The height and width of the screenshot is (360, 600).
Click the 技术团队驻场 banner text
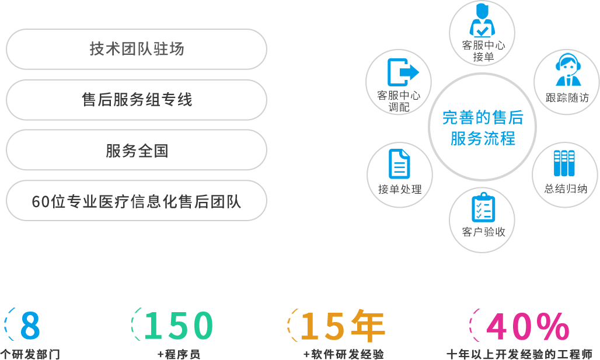coord(137,49)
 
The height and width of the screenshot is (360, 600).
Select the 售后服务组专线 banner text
coord(137,100)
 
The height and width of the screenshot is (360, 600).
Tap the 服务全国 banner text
coord(137,151)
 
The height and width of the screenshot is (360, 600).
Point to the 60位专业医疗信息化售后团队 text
coord(137,202)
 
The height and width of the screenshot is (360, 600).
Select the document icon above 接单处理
coord(399,164)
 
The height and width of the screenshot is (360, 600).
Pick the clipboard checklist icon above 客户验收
coord(483,207)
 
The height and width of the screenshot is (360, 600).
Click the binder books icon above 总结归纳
coord(564,164)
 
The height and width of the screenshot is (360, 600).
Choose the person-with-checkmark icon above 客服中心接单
coord(483,22)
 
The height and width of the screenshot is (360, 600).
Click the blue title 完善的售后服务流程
coord(483,128)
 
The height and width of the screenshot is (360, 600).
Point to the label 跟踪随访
coord(567,97)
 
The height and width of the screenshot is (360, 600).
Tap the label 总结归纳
coord(566,188)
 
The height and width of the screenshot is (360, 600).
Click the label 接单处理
coord(400,189)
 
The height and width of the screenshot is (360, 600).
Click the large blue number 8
coord(30,326)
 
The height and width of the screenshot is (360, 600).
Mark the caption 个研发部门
coord(30,354)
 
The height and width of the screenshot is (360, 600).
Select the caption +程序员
coord(179,354)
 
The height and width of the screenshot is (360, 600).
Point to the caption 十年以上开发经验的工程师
coord(519,354)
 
